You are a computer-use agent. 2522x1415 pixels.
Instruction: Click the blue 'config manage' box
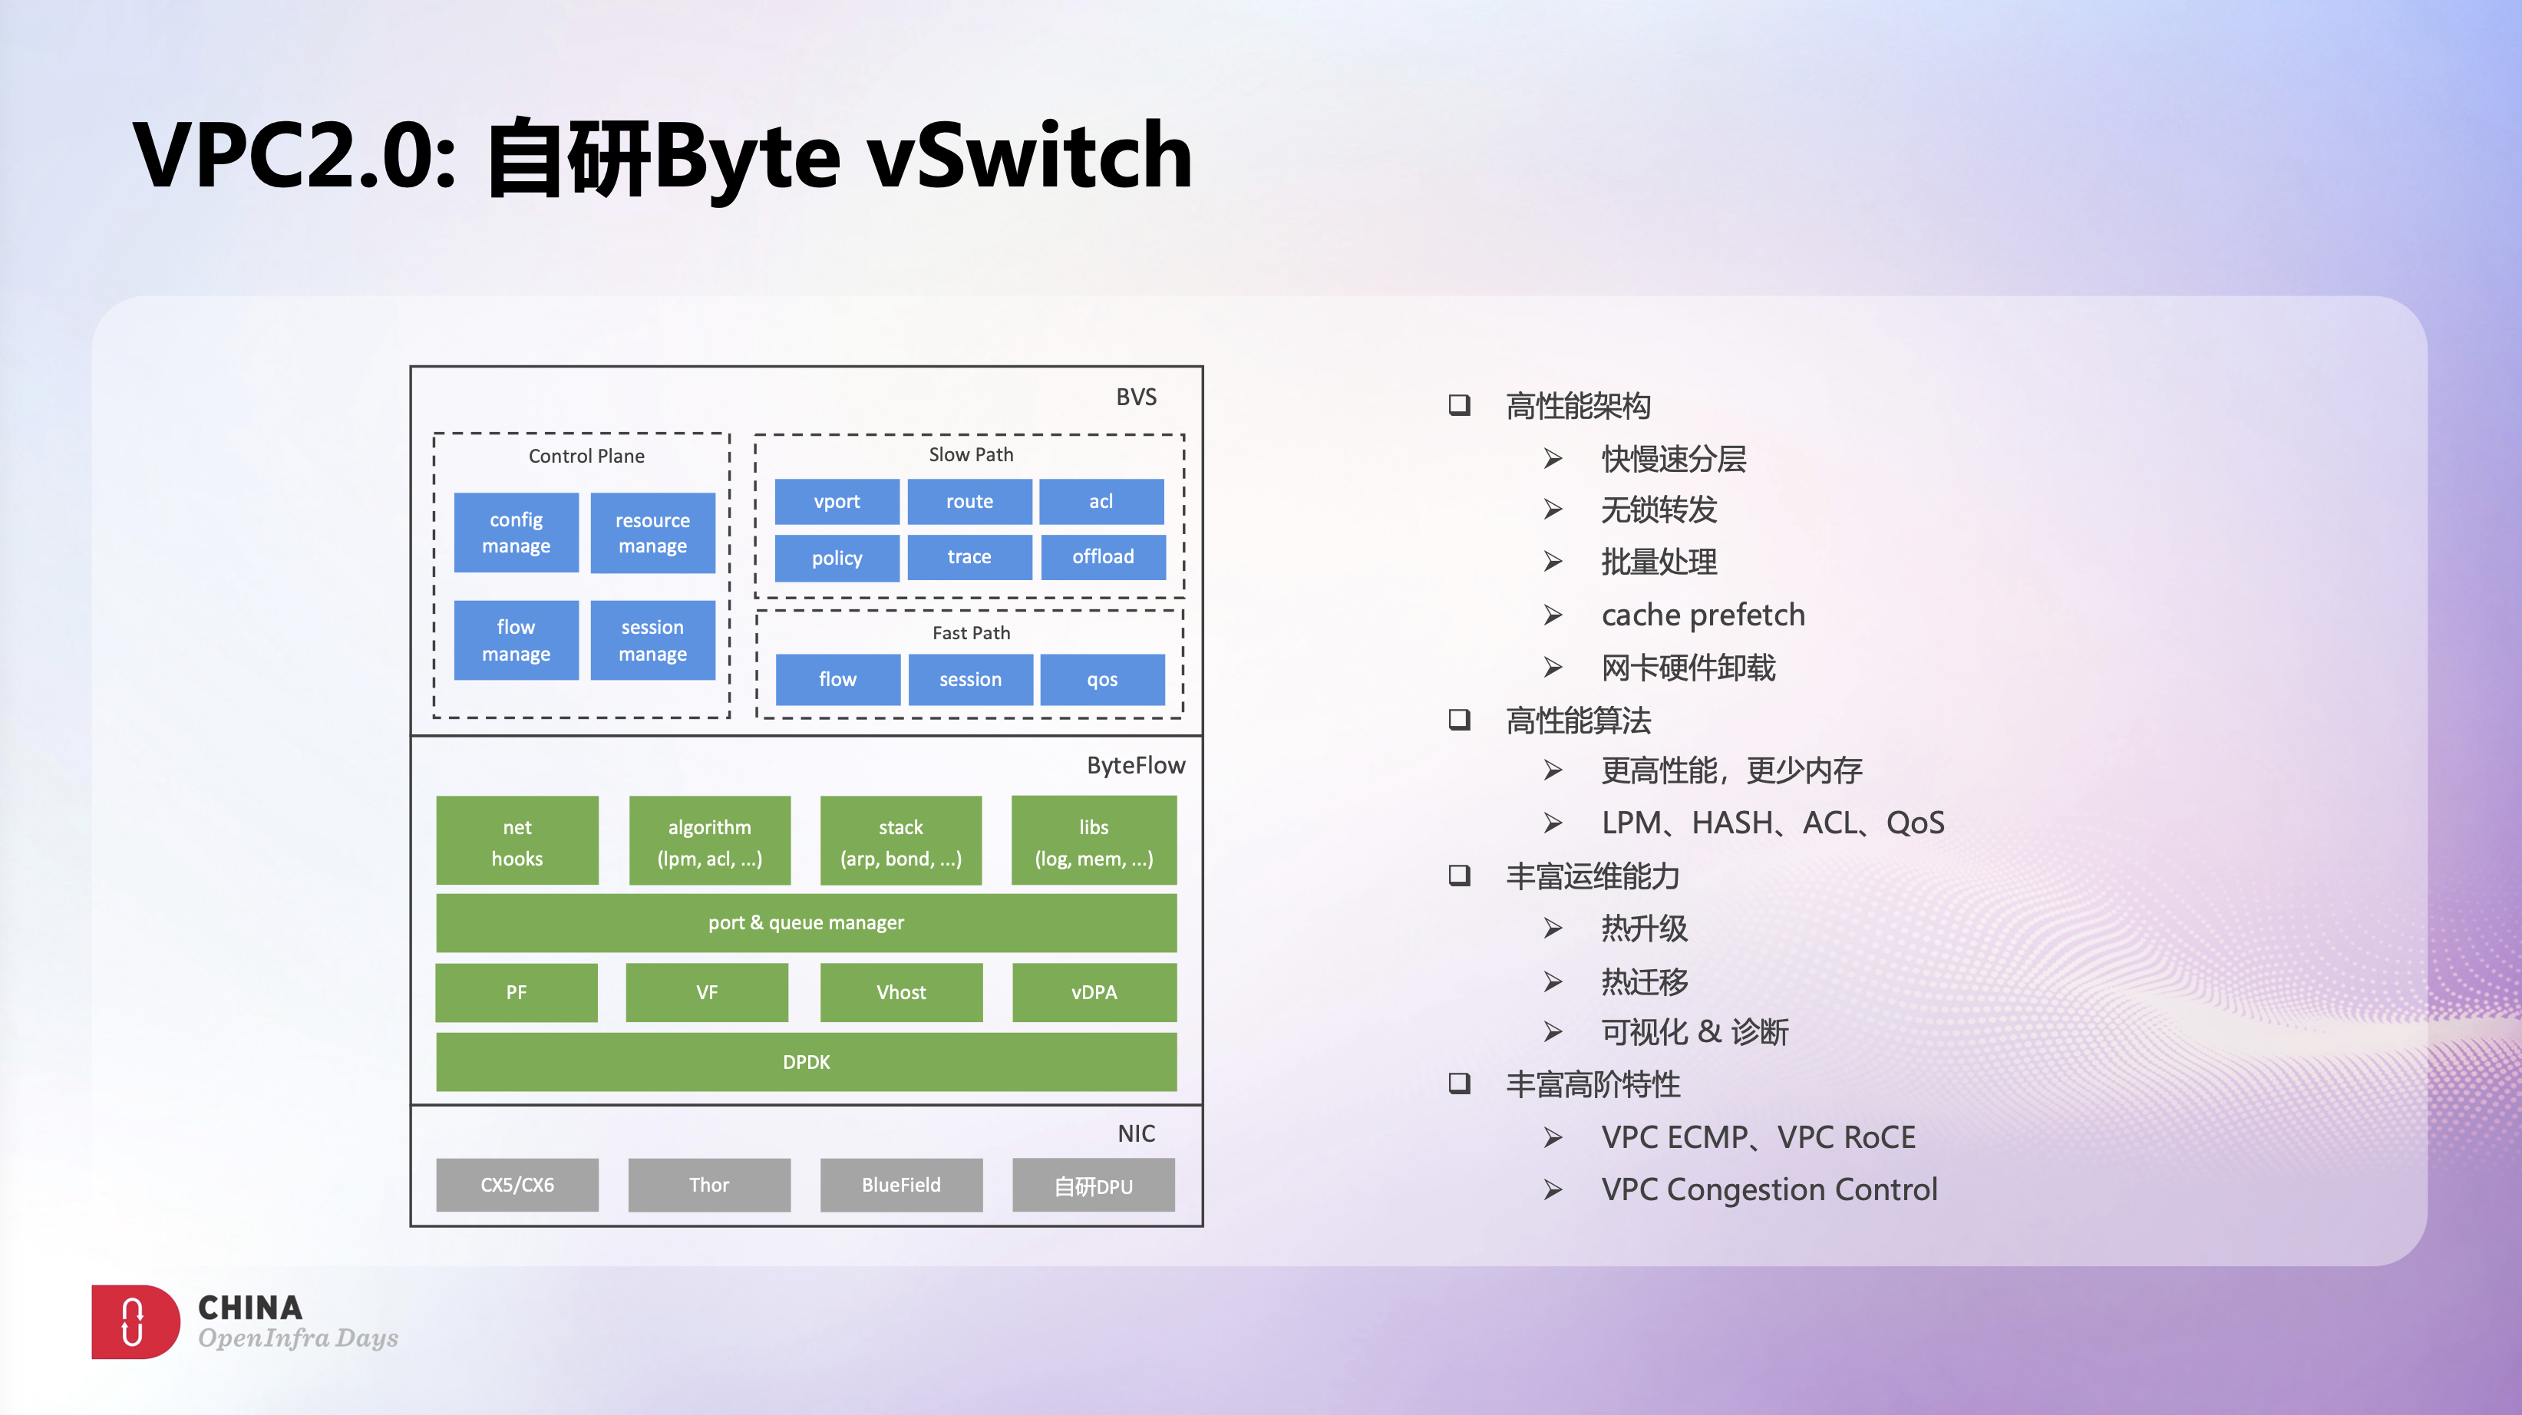pos(516,533)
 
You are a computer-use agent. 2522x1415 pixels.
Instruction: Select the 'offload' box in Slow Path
pos(1102,557)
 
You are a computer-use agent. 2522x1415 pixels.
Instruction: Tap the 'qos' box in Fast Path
pos(1101,679)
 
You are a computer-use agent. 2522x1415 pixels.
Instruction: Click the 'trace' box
pos(969,557)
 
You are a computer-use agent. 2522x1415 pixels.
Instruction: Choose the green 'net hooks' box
pos(517,842)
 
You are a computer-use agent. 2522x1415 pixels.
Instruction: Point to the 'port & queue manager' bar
pos(806,923)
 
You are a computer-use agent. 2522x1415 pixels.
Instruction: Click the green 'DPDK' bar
pos(806,1062)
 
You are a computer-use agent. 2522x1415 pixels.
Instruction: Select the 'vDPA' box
pos(1094,992)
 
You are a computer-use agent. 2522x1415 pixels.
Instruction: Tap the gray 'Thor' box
pos(709,1185)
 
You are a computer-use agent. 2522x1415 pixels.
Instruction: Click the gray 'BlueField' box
pos(901,1185)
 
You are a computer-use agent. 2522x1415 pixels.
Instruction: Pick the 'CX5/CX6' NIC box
pos(517,1185)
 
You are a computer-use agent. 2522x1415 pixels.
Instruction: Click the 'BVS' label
pos(1136,397)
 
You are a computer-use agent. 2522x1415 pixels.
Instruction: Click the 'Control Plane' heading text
pos(586,456)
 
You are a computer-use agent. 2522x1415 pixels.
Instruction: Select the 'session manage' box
pos(652,640)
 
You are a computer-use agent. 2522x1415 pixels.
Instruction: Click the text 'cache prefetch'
pos(1702,615)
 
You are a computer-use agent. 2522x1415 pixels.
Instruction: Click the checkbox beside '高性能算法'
pos(1459,721)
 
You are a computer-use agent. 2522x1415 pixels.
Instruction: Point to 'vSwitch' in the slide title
pos(1029,157)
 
